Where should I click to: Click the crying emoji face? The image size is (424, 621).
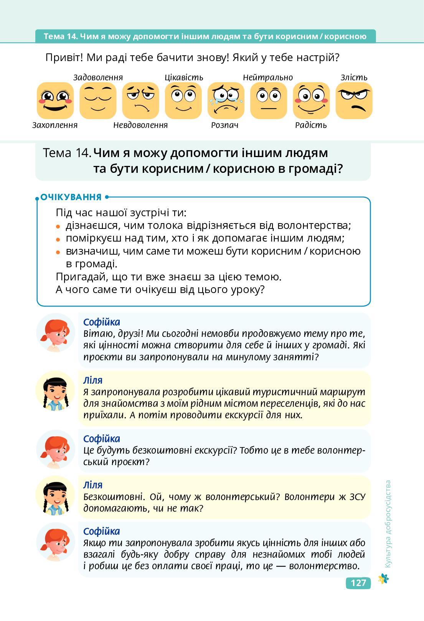(x=226, y=101)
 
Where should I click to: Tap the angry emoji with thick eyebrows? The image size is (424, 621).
(x=354, y=101)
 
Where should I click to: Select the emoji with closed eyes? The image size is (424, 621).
(x=98, y=101)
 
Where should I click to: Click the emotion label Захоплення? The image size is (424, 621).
(x=55, y=125)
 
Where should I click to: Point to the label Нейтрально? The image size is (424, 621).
(x=268, y=78)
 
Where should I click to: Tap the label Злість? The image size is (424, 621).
(x=354, y=78)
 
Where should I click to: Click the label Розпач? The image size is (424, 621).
(x=225, y=125)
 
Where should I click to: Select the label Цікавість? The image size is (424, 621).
(x=184, y=78)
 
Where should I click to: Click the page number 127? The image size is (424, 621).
(x=358, y=583)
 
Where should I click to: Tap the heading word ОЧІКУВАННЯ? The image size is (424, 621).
(x=71, y=197)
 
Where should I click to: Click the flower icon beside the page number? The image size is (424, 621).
(x=383, y=579)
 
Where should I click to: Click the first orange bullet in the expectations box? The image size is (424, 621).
(x=58, y=227)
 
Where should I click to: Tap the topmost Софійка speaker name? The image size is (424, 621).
(x=102, y=322)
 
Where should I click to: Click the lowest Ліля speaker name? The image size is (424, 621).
(x=93, y=485)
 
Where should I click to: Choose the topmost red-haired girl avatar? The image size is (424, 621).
(x=55, y=333)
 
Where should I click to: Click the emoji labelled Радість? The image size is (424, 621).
(x=311, y=101)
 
